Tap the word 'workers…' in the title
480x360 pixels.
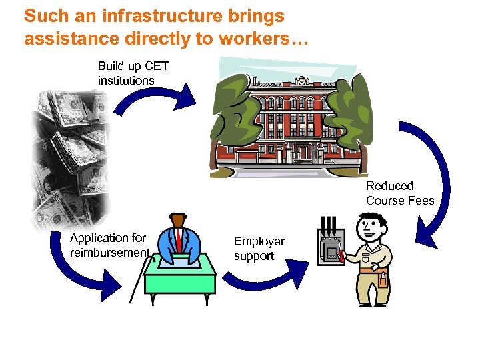[x=265, y=39]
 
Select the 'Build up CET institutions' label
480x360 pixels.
[x=133, y=73]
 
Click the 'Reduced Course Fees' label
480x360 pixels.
[x=399, y=193]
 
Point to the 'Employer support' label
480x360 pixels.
[x=259, y=248]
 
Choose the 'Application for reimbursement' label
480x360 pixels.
[x=109, y=245]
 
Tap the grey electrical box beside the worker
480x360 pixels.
[x=330, y=247]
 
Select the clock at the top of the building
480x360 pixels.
[x=301, y=81]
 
